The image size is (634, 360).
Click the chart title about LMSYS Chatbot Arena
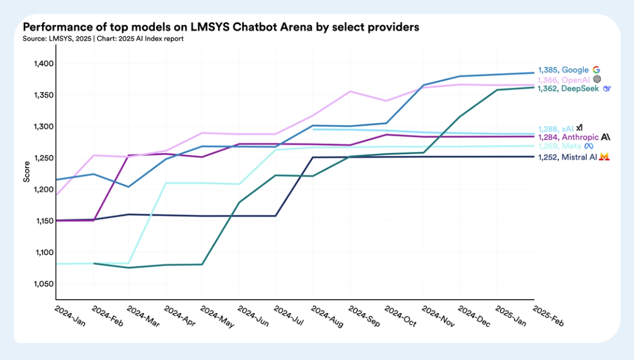coord(221,27)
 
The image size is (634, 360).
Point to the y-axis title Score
coord(26,173)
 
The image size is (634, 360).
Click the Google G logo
coord(597,70)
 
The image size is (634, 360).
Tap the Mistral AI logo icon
coord(605,157)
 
